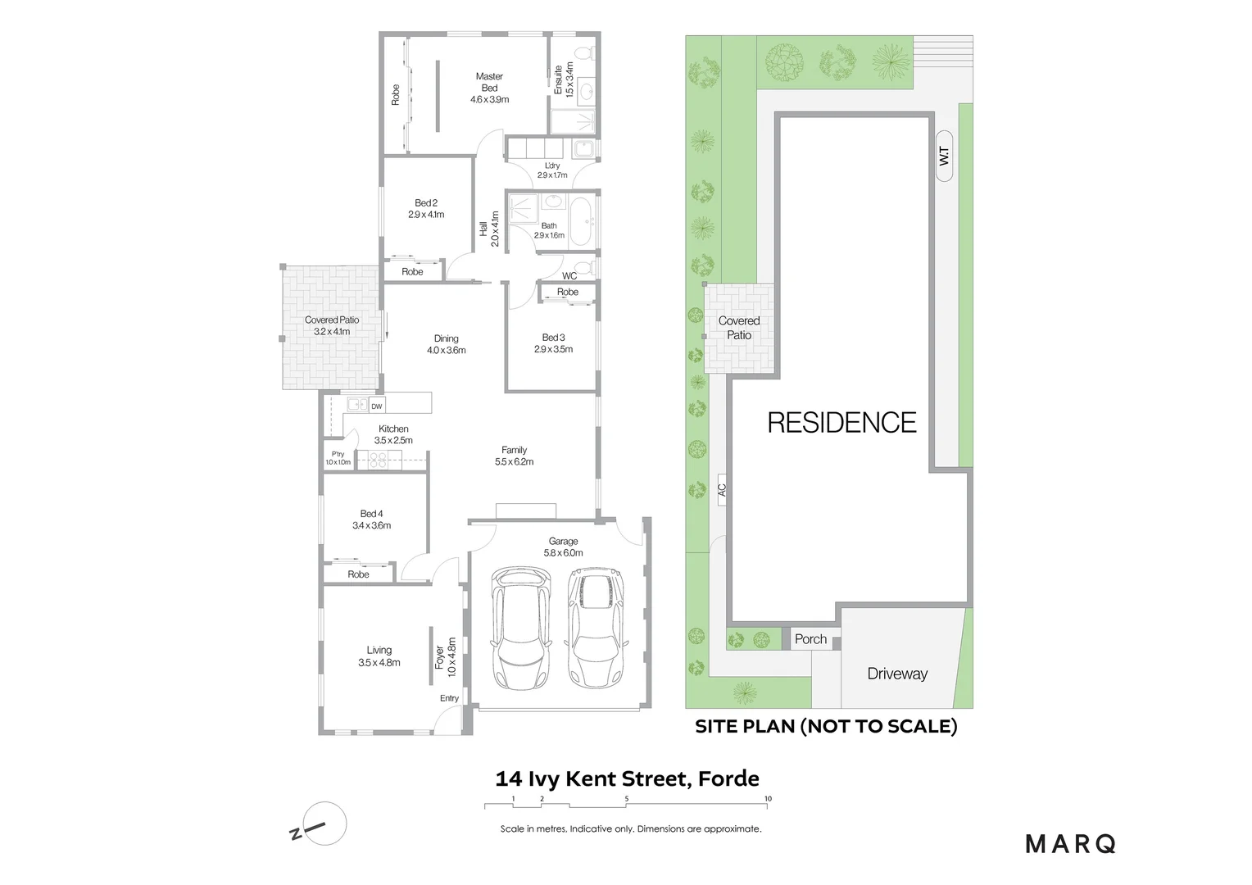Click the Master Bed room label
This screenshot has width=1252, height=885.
(x=489, y=88)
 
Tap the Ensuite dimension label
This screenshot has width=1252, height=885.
(x=564, y=80)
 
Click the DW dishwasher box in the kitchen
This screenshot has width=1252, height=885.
(x=376, y=406)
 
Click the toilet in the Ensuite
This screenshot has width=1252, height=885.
(x=583, y=53)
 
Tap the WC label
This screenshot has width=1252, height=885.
(x=569, y=276)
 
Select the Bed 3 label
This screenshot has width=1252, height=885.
(x=553, y=343)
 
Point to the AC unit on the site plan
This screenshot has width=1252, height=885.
(x=722, y=490)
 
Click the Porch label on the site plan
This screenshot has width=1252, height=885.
(x=810, y=639)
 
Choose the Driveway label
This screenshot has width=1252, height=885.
(x=897, y=674)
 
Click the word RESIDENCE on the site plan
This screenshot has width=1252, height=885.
(x=841, y=423)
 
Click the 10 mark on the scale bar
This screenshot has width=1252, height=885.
(x=768, y=799)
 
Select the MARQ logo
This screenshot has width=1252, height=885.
(x=1070, y=843)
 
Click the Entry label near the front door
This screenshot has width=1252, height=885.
(x=449, y=698)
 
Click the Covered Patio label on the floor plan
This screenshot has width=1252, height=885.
(x=332, y=325)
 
